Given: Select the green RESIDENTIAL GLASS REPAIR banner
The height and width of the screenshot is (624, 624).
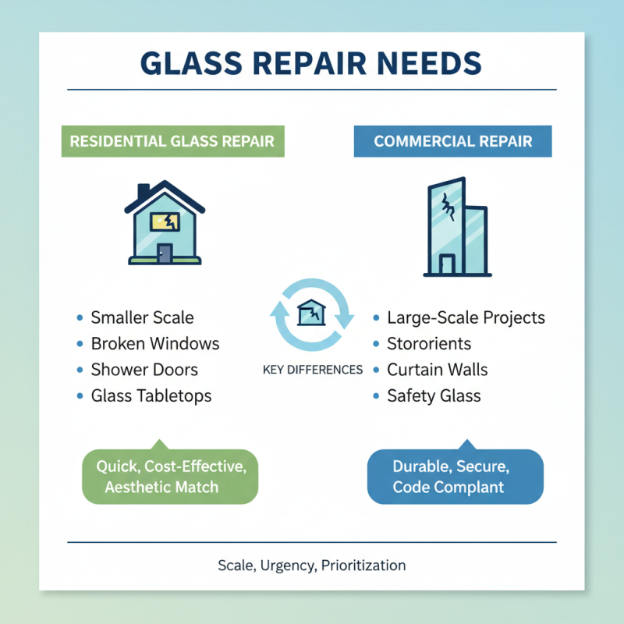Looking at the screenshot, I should pyautogui.click(x=172, y=141).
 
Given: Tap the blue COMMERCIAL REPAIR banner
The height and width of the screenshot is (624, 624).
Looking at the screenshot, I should pyautogui.click(x=452, y=141).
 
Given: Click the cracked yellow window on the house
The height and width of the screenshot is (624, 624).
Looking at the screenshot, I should pyautogui.click(x=166, y=222).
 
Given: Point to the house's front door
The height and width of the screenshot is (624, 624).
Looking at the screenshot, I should pyautogui.click(x=165, y=253).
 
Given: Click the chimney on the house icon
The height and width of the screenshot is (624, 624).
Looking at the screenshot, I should pyautogui.click(x=144, y=192).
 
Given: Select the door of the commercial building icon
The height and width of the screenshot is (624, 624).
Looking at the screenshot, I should pyautogui.click(x=445, y=264).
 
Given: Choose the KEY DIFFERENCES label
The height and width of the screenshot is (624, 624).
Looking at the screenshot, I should pyautogui.click(x=313, y=369).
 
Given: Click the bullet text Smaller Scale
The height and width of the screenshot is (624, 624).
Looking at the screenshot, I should pyautogui.click(x=142, y=317).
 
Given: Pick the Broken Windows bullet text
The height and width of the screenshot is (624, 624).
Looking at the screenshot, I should pyautogui.click(x=155, y=343).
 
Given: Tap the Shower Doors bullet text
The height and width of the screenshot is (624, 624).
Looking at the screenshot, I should pyautogui.click(x=144, y=369).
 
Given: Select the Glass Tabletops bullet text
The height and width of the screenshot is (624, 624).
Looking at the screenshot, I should pyautogui.click(x=151, y=395).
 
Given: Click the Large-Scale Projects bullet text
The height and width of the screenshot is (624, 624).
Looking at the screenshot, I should pyautogui.click(x=466, y=317).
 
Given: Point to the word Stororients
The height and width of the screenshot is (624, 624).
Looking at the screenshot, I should pyautogui.click(x=429, y=343).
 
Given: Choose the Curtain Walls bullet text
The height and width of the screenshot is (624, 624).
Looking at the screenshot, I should pyautogui.click(x=438, y=369).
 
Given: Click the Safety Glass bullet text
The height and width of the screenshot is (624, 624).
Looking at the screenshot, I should pyautogui.click(x=434, y=395).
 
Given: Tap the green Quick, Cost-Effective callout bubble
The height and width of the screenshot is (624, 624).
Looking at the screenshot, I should pyautogui.click(x=169, y=476).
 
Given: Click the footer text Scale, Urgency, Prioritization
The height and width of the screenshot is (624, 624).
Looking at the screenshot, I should pyautogui.click(x=312, y=565).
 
